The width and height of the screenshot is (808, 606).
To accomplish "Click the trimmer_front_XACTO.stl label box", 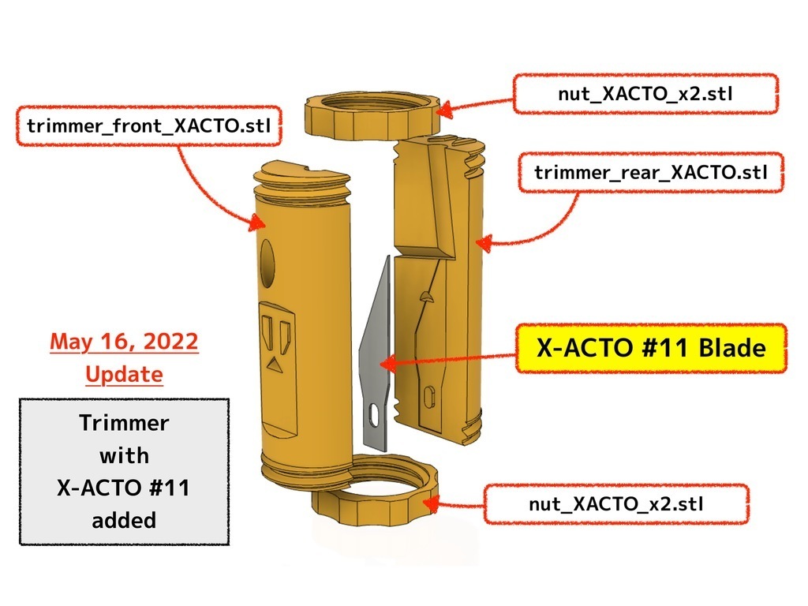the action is coord(149,125).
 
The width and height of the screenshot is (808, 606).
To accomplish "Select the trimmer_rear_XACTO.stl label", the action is coord(651,172).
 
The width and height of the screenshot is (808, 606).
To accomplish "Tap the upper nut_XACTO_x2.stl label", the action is coord(645,94).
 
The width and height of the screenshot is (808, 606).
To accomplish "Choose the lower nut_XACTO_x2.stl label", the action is coord(616,504).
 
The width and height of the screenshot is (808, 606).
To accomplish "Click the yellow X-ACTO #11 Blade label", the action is coord(651,348).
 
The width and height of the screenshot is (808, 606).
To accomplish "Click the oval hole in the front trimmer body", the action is coord(267,264).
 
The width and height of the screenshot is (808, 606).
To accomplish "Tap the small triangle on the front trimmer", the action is coord(274,365).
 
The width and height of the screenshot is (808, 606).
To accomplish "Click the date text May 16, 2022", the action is coord(124,342).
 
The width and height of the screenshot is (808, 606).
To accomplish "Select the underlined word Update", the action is coord(124,375).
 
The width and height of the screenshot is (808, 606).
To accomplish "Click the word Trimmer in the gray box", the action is coord(124,423).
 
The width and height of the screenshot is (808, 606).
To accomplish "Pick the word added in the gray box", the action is coord(124,520).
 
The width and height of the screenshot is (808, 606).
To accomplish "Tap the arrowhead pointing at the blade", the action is coord(388,363).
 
